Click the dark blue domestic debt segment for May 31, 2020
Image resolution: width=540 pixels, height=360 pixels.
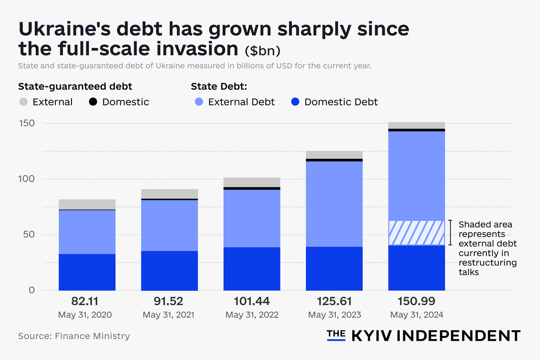pyautogui.click(x=87, y=272)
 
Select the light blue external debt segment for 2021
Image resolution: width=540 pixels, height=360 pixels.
pyautogui.click(x=169, y=225)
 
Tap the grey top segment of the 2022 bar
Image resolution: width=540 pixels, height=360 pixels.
pyautogui.click(x=252, y=182)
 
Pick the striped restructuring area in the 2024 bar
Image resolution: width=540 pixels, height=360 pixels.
pyautogui.click(x=416, y=232)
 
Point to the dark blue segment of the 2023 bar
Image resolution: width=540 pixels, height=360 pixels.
pyautogui.click(x=334, y=269)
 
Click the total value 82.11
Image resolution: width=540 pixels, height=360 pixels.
pyautogui.click(x=87, y=301)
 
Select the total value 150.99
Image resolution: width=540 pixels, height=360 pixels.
pyautogui.click(x=417, y=301)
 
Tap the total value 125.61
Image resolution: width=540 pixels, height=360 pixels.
pyautogui.click(x=334, y=301)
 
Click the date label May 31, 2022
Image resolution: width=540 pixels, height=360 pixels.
pyautogui.click(x=252, y=315)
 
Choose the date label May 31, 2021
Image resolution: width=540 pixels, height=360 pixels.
pyautogui.click(x=169, y=315)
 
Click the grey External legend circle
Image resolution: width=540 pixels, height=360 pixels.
pyautogui.click(x=24, y=102)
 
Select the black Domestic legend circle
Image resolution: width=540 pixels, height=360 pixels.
pyautogui.click(x=93, y=102)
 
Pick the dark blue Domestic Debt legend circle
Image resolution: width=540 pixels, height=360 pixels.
pyautogui.click(x=295, y=102)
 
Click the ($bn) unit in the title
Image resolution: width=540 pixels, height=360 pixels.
pyautogui.click(x=263, y=51)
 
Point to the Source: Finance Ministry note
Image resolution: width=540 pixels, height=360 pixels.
pyautogui.click(x=74, y=336)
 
